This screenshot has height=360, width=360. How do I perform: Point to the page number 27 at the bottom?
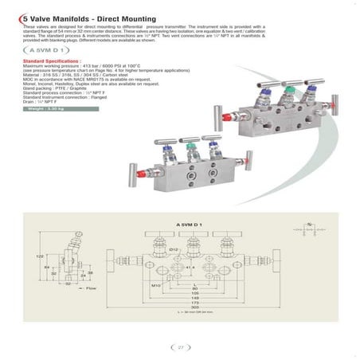(x=181, y=346)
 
